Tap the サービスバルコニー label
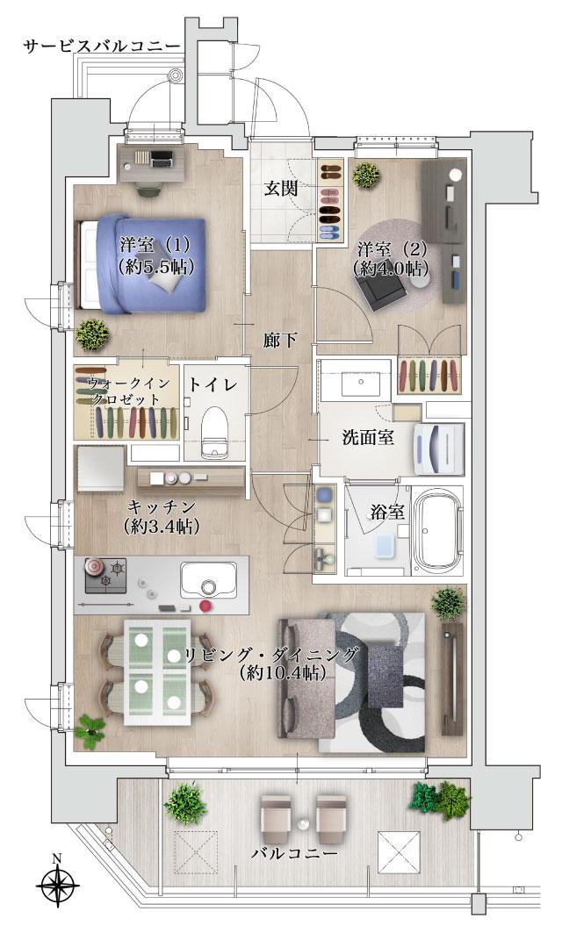101,46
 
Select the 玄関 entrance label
283,189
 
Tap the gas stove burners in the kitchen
105,575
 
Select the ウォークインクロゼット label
123,391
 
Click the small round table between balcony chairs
304,826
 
